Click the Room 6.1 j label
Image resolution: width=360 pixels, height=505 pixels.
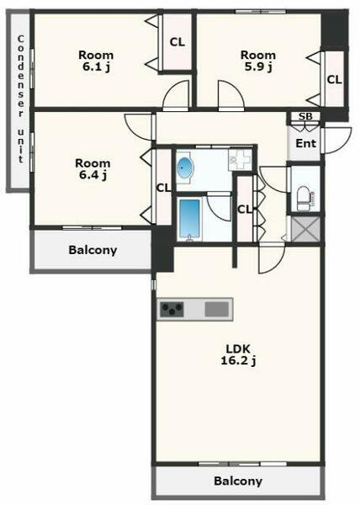tap(96, 61)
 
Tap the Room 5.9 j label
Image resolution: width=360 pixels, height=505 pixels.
tap(258, 61)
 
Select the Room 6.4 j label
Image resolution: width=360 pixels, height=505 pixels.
tap(93, 169)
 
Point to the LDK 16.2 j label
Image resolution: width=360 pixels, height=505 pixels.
tap(238, 354)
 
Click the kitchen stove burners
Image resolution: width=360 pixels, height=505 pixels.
tap(172, 309)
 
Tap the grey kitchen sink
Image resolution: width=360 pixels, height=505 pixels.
tap(216, 309)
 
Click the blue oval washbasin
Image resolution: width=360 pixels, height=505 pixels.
tap(185, 167)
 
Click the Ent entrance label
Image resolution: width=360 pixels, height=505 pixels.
tap(305, 143)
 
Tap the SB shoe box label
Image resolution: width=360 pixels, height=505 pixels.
tap(305, 116)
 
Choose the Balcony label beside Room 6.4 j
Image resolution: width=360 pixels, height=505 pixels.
tap(93, 250)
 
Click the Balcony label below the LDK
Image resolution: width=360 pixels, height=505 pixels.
tap(238, 481)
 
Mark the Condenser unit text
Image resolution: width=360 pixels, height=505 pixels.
tap(21, 99)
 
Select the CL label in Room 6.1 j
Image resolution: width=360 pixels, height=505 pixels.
tap(177, 42)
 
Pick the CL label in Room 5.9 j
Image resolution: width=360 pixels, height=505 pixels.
tap(334, 80)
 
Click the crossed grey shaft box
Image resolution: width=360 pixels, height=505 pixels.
tap(305, 229)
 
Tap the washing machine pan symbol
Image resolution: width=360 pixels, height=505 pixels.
tap(240, 160)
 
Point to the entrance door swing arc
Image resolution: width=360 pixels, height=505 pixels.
tap(338, 141)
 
